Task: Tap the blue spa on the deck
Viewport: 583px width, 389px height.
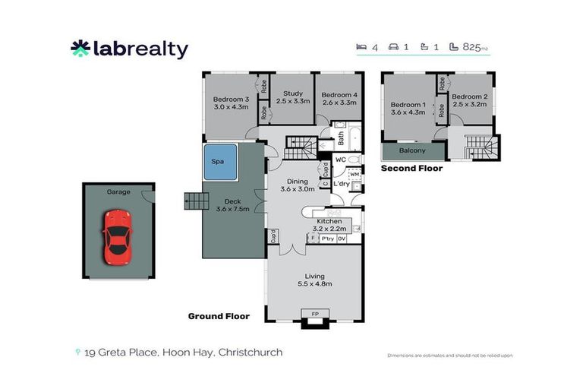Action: (x=218, y=162)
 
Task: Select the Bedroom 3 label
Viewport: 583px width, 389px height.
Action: (x=231, y=100)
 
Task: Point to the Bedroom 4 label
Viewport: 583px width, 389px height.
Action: (x=339, y=94)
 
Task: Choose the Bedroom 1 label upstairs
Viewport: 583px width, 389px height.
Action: (x=408, y=105)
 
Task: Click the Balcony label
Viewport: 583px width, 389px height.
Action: (x=412, y=150)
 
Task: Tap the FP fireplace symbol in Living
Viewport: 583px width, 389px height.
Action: (x=314, y=312)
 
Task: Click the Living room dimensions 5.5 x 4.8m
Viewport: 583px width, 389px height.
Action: (x=314, y=284)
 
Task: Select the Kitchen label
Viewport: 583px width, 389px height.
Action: (x=329, y=220)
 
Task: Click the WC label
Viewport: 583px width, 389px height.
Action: (x=341, y=160)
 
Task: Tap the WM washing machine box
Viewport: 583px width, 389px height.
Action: (x=354, y=175)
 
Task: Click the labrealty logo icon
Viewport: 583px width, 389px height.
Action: (x=80, y=49)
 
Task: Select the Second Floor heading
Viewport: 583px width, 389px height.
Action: (x=411, y=168)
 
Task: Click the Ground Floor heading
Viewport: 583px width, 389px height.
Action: (x=219, y=316)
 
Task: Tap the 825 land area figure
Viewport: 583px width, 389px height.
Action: (x=470, y=47)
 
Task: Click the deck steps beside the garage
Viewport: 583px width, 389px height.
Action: (x=195, y=201)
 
